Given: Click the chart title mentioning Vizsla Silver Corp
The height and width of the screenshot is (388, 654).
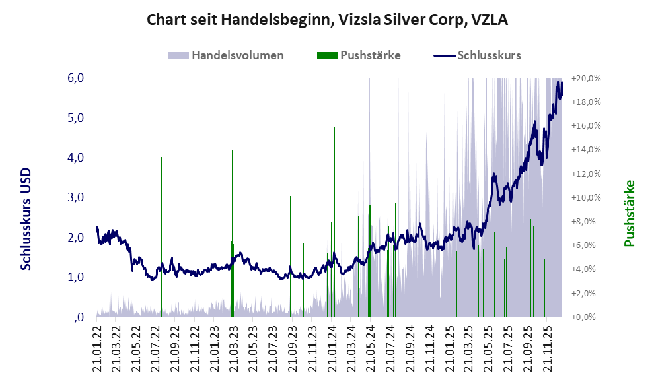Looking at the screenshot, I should pyautogui.click(x=326, y=20).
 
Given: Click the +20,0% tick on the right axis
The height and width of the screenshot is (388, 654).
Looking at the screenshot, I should pyautogui.click(x=586, y=78).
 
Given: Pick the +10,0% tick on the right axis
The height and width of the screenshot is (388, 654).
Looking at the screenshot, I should pyautogui.click(x=586, y=197).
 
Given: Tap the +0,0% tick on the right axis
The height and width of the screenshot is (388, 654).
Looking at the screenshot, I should pyautogui.click(x=586, y=317).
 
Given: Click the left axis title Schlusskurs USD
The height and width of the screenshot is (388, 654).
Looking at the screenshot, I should pyautogui.click(x=26, y=218).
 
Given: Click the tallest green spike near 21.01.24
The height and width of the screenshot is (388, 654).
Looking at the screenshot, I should pyautogui.click(x=335, y=198).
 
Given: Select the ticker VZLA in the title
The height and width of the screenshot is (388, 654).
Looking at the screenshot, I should pyautogui.click(x=490, y=20).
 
